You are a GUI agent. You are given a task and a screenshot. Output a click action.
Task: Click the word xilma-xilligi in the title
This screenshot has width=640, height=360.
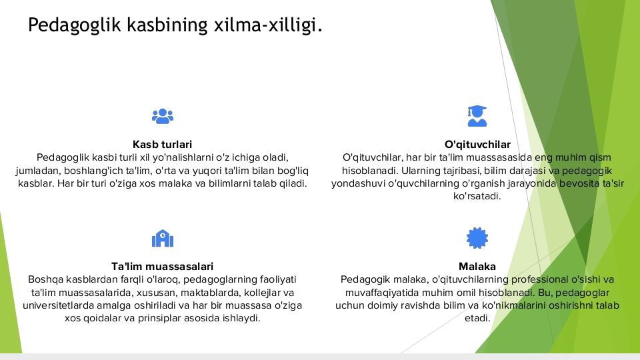click(268, 25)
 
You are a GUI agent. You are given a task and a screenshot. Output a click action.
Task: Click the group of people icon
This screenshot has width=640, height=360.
click(163, 116)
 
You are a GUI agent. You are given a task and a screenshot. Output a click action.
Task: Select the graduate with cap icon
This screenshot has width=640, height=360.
click(477, 116)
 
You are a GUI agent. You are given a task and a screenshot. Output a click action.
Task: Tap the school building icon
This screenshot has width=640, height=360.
click(163, 239)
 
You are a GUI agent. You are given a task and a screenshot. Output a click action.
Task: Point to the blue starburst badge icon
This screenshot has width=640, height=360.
click(477, 238)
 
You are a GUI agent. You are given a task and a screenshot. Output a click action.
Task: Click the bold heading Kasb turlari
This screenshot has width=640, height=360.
click(163, 145)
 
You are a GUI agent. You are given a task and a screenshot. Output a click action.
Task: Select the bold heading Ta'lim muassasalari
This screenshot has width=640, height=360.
click(163, 267)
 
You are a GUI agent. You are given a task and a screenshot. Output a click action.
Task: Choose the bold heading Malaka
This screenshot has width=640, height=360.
click(477, 267)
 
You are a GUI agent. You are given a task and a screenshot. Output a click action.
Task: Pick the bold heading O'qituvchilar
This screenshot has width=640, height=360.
click(477, 145)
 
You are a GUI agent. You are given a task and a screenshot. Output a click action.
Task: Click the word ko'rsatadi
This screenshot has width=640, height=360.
click(477, 196)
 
